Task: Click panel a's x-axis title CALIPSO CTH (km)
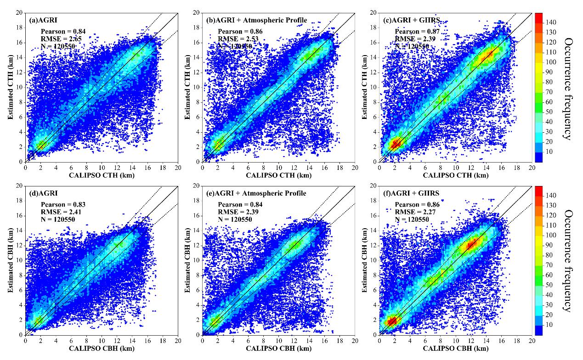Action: point(101,175)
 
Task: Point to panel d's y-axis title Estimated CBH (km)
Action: point(10,260)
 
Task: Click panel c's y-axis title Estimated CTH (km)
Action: point(365,87)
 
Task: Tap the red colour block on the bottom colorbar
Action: point(538,191)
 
